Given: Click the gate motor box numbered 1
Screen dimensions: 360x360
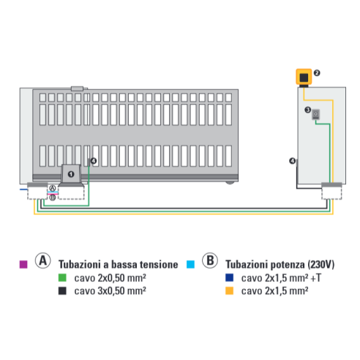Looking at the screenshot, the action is coord(71,173).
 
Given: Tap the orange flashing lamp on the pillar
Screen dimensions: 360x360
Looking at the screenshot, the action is coord(304,77).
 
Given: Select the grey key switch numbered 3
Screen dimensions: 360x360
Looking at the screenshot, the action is coord(316,114).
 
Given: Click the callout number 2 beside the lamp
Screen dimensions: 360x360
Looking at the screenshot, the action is coord(317,73).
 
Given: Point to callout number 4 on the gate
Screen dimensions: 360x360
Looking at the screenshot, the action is coord(94,161).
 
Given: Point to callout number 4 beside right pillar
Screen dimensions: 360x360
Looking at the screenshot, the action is coord(293,161).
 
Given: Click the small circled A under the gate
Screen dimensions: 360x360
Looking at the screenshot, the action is coord(53,188).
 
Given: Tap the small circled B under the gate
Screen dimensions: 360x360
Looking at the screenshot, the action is coord(53,198).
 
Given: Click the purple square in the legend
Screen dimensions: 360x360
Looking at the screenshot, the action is coord(23,264).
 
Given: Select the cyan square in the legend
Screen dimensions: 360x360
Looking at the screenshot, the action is coord(190,264).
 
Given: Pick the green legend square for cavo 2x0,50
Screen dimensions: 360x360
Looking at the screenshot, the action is coord(62,278).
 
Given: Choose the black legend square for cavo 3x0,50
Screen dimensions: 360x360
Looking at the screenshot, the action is coord(62,290).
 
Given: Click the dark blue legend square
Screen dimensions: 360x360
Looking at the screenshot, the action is coord(230,278).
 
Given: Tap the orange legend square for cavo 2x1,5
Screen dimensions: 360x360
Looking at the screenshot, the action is coord(230,290).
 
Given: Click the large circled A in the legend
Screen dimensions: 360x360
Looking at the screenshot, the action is coord(43,260).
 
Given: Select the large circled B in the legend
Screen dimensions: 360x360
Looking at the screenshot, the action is coord(210,260).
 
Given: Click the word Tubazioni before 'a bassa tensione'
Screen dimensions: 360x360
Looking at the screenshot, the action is coord(80,264).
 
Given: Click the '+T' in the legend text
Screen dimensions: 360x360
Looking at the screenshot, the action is coord(316,278).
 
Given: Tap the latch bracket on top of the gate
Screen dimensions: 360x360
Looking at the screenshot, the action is coord(77,89).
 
